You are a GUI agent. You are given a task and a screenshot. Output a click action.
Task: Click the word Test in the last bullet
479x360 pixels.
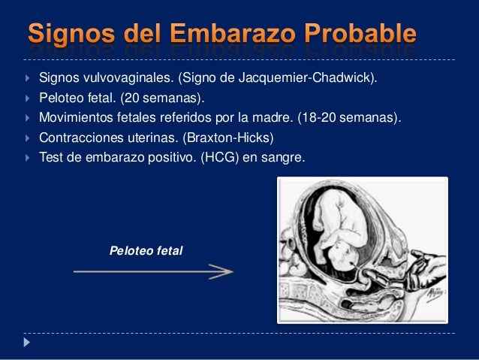[x=51, y=159]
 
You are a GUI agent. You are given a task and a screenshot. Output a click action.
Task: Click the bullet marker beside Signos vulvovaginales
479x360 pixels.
[x=27, y=77]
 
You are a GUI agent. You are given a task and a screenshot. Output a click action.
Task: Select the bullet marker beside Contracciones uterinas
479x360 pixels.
[x=27, y=139]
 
